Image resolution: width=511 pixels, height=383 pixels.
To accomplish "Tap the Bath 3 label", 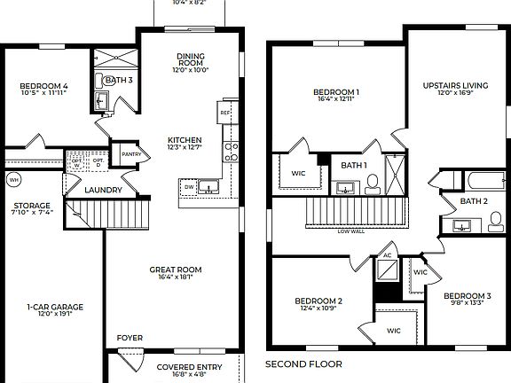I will [119, 81].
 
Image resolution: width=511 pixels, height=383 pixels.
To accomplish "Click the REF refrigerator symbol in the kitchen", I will [225, 113].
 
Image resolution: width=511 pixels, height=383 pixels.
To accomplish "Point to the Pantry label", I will [131, 154].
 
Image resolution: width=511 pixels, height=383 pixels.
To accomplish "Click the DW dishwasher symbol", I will [189, 188].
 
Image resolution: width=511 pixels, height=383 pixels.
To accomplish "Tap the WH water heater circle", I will [13, 180].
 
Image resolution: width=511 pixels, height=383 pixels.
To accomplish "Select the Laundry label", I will [103, 190].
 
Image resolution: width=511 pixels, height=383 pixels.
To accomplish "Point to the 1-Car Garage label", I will [55, 308].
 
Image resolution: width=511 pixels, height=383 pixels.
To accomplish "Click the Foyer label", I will [130, 338].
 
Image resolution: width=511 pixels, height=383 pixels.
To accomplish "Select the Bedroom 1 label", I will [336, 92].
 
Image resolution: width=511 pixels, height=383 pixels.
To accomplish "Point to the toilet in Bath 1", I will [372, 184].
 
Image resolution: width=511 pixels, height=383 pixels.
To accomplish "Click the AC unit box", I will [387, 255].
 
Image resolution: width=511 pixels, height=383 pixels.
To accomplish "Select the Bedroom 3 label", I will [468, 295].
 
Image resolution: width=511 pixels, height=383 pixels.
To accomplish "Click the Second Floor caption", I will [303, 363].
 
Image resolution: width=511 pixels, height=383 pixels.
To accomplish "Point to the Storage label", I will [31, 206].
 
